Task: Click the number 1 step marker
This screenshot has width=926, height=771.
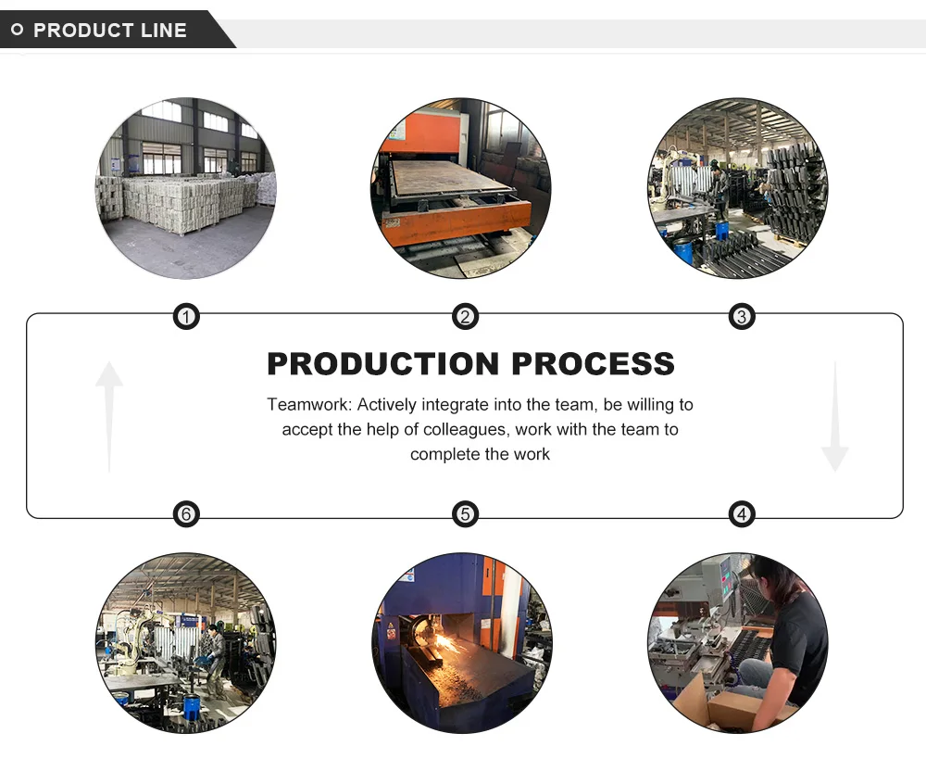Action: pos(187,318)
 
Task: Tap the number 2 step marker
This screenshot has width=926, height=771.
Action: pos(465,318)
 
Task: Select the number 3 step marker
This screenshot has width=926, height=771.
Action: pos(741,318)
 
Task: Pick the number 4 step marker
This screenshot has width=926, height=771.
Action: pos(741,514)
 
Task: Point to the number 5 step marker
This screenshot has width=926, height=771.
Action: pos(465,514)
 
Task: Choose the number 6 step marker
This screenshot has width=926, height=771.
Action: pos(187,514)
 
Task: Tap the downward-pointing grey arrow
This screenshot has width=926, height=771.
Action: pos(834,417)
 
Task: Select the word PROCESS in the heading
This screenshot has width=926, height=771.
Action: pos(593,363)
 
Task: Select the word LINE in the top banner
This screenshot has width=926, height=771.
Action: pos(164,31)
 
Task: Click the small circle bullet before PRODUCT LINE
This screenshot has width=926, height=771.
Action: pos(17,31)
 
